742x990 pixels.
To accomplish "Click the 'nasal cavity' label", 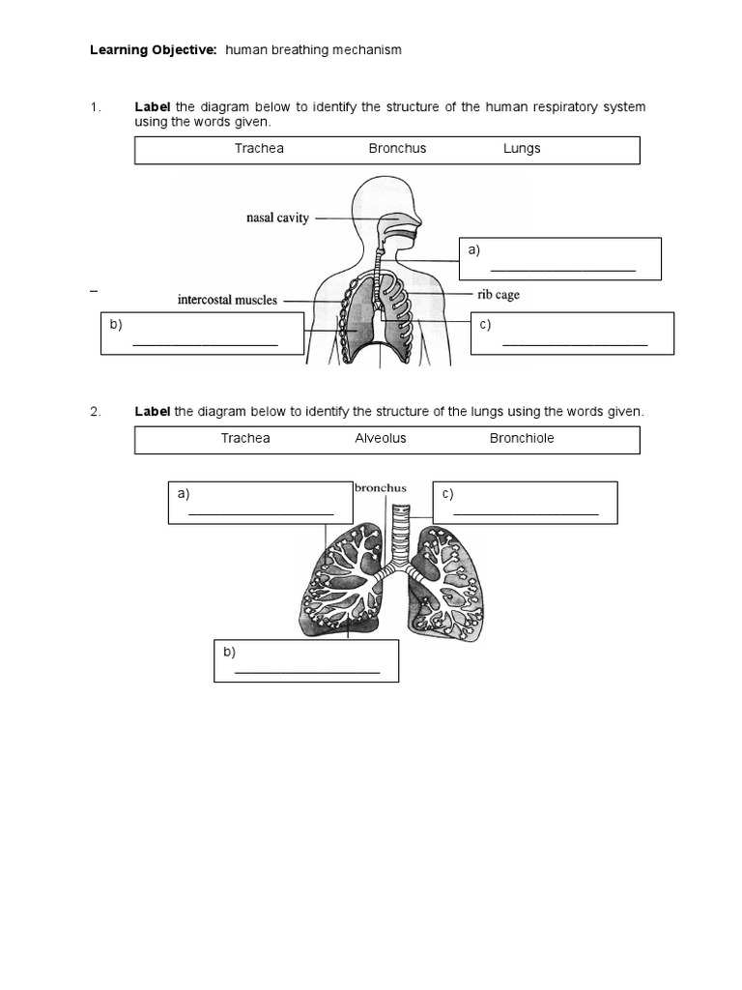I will click(x=276, y=218).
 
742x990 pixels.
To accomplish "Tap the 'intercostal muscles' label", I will click(x=227, y=300).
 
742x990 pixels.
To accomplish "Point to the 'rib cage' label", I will click(x=498, y=294).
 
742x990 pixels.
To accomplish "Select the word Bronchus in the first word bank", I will click(x=397, y=149).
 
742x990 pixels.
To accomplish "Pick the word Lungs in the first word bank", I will click(x=522, y=149).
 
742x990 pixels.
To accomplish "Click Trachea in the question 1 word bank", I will click(x=259, y=149).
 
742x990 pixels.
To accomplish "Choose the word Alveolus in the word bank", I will click(x=381, y=438).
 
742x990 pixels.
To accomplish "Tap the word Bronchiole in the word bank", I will click(x=522, y=438).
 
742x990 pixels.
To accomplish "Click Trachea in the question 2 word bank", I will click(x=245, y=438).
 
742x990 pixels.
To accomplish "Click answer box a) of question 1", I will click(x=560, y=259).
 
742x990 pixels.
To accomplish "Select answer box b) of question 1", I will click(x=203, y=334).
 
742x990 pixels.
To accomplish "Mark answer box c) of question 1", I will click(x=572, y=334).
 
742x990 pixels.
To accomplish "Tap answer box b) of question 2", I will click(x=305, y=660).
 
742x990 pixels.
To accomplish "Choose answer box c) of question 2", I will click(x=525, y=503).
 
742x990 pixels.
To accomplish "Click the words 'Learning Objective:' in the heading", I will click(x=155, y=49).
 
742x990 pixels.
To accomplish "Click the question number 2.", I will click(x=96, y=412).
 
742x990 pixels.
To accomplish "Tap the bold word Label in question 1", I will click(x=152, y=106).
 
